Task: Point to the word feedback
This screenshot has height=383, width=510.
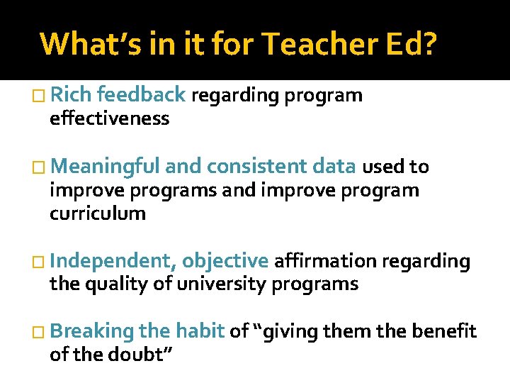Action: point(141,94)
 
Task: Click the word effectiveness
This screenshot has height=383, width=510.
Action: point(109,118)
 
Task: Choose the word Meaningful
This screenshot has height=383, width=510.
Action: point(106,167)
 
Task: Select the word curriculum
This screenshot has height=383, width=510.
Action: point(98,213)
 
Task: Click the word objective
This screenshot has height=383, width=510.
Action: point(225,261)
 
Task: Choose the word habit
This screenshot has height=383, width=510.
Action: point(200,331)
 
